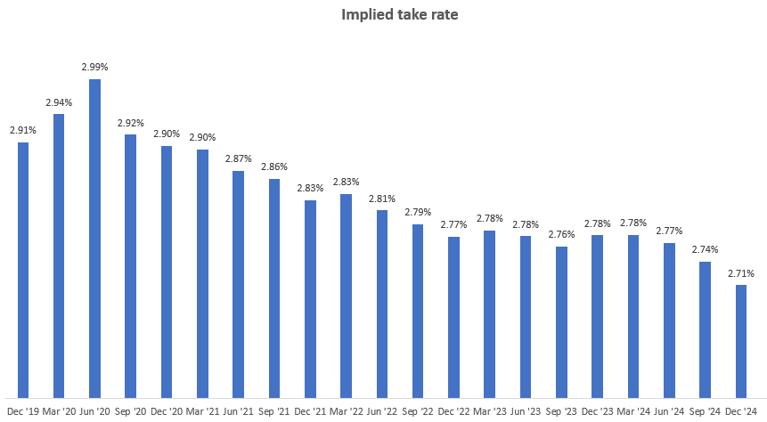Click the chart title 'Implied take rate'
click(383, 15)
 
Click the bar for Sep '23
click(561, 321)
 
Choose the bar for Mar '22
click(346, 296)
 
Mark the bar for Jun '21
click(238, 284)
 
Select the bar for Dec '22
click(453, 317)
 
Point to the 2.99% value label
click(94, 67)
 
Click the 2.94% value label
click(59, 102)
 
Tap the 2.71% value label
click(741, 273)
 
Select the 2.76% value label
click(561, 234)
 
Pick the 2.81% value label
click(382, 199)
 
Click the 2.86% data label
click(274, 166)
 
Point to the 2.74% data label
click(705, 250)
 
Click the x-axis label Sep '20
click(130, 410)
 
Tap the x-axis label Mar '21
click(202, 410)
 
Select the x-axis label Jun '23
click(526, 410)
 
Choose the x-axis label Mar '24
click(632, 410)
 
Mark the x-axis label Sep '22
click(418, 410)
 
